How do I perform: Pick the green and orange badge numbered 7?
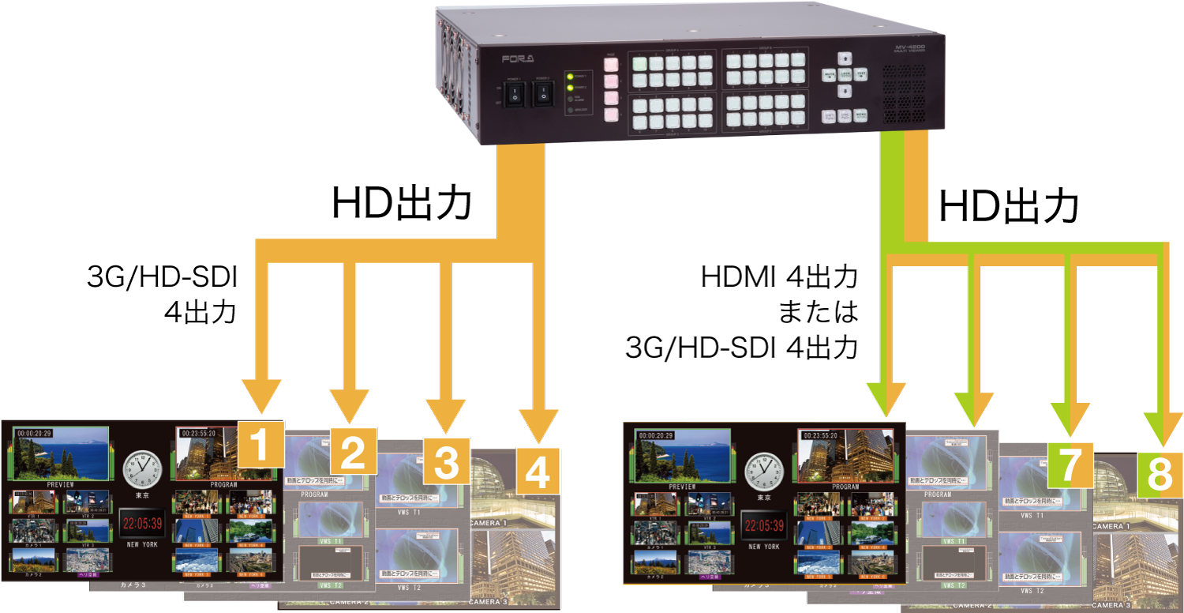coord(1070,464)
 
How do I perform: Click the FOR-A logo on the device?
coord(518,59)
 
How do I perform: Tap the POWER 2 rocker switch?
coord(543,96)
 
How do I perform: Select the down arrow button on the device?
coord(845,92)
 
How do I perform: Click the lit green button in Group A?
coord(639,63)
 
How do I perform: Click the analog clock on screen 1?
coord(143,469)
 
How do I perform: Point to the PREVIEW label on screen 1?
coord(60,483)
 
